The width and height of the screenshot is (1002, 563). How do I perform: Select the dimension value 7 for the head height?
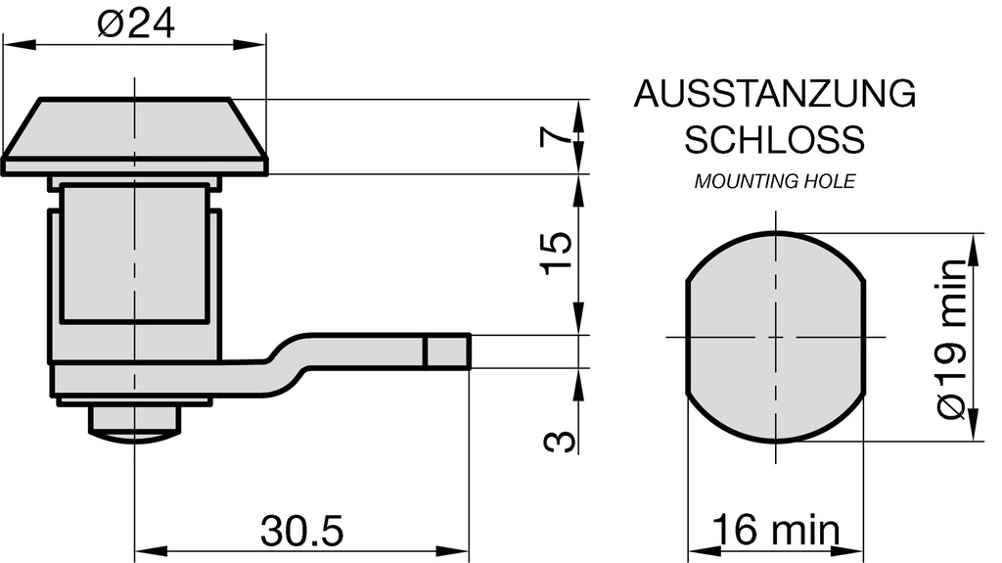coord(556,136)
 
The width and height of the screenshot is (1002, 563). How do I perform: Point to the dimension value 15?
coord(556,254)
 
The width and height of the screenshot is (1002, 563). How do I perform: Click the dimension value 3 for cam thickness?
coord(556,443)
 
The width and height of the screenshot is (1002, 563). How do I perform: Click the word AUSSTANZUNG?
coord(774,94)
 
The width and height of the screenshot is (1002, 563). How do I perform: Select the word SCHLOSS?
coord(774,139)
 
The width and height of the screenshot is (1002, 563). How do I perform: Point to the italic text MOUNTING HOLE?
coord(774,181)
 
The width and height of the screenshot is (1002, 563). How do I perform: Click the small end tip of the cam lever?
coord(448,351)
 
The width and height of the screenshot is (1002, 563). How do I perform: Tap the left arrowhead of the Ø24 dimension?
coord(14,43)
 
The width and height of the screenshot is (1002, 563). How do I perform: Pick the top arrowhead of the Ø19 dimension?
coord(974,245)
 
